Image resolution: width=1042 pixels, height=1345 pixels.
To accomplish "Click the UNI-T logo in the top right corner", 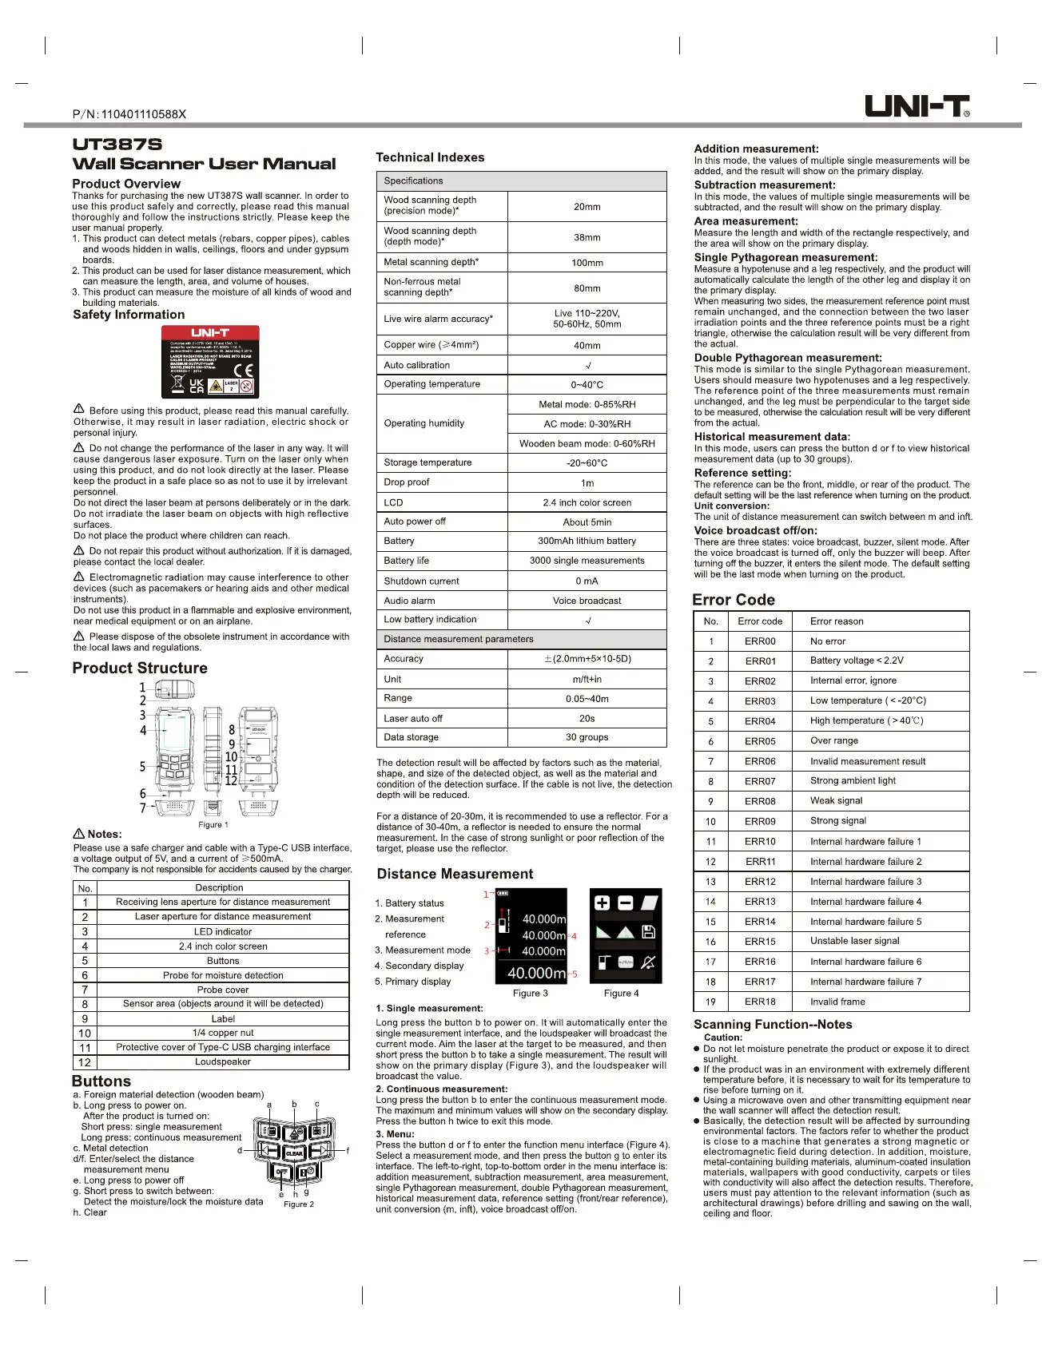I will (917, 106).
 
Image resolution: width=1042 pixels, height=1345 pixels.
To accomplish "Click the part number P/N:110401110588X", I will (129, 114).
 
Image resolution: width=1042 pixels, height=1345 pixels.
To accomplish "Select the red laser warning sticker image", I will (210, 362).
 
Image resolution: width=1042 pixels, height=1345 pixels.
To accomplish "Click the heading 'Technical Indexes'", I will (430, 157).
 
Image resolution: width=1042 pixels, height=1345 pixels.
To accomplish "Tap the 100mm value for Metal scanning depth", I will (587, 263).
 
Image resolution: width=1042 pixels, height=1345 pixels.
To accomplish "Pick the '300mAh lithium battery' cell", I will (587, 541).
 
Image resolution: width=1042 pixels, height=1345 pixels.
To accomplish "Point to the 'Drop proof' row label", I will (407, 482).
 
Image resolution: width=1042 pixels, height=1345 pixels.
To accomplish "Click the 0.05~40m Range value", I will (587, 698).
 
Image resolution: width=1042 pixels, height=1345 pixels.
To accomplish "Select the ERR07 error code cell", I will (760, 781).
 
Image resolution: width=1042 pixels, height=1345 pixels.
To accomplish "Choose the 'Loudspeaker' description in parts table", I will (223, 1061).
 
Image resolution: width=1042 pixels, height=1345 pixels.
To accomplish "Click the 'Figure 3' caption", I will (530, 993).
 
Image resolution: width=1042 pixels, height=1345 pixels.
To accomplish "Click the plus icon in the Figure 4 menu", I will (603, 903).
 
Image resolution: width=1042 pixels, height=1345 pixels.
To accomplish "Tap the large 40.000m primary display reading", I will (535, 973).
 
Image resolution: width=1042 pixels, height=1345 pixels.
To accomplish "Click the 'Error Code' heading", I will (733, 600).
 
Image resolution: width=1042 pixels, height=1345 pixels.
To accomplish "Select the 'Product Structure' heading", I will (140, 668).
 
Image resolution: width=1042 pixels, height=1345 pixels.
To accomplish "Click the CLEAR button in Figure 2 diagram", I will (294, 1153).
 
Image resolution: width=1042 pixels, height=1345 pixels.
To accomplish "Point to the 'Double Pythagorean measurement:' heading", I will (787, 358).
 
